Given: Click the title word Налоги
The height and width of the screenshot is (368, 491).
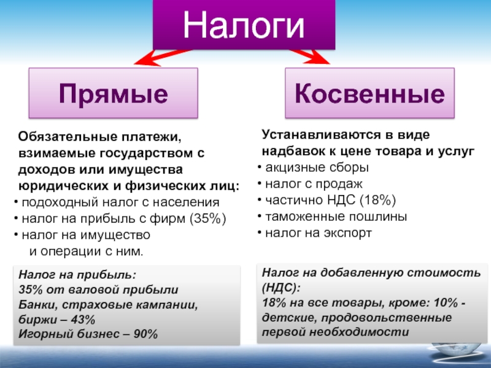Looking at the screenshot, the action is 244,25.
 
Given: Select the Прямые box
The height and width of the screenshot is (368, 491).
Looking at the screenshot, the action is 114,93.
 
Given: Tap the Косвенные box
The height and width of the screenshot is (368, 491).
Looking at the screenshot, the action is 369,93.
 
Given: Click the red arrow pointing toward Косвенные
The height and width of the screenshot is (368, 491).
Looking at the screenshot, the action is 310,56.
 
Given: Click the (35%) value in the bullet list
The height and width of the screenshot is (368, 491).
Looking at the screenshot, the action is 207,218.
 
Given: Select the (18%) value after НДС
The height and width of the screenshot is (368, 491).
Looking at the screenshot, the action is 377,200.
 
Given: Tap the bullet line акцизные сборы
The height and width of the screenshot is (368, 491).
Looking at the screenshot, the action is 313,167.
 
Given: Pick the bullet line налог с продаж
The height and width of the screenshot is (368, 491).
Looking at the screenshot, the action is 310,184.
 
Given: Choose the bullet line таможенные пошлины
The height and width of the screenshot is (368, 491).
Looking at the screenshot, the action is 332,217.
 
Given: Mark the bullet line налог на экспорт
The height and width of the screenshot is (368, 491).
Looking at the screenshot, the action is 315,233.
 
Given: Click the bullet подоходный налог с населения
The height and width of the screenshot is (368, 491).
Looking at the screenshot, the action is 117,202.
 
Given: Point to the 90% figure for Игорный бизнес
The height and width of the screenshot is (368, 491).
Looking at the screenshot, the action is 145,334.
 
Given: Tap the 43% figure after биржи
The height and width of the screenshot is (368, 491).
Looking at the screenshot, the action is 83,320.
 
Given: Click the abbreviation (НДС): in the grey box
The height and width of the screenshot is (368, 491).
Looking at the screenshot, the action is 281,288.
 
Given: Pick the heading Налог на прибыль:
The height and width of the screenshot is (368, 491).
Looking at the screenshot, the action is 77,275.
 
